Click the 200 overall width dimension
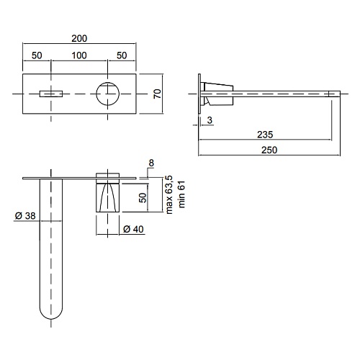79,38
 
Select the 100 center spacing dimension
79,55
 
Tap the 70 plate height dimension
158,94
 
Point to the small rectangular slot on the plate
51,94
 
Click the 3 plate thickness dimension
210,120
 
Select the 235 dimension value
265,135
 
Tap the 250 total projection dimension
269,150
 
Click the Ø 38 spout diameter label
25,216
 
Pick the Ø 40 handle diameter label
133,229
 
